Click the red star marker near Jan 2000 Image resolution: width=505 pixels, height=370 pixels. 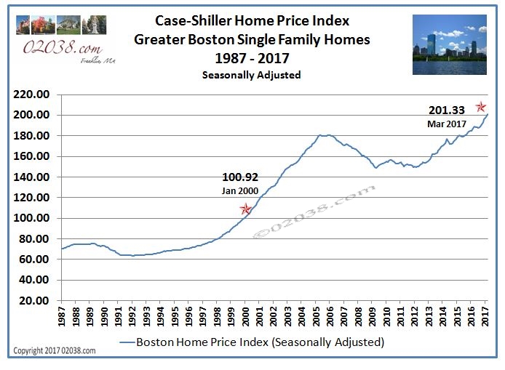coord(246,209)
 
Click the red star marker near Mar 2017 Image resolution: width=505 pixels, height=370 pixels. coord(481,108)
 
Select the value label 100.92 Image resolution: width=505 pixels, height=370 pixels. coord(240,177)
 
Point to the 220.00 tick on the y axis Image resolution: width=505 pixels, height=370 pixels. coord(32,94)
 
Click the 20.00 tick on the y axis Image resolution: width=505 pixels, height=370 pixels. coord(34,300)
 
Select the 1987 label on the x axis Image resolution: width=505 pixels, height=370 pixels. coord(63,318)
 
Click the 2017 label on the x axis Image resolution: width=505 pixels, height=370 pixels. coord(486,318)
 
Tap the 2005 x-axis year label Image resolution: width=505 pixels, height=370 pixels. coord(317,318)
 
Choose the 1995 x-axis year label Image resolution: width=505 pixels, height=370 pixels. coord(175,318)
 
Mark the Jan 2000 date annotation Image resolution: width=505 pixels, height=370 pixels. coord(239,190)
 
